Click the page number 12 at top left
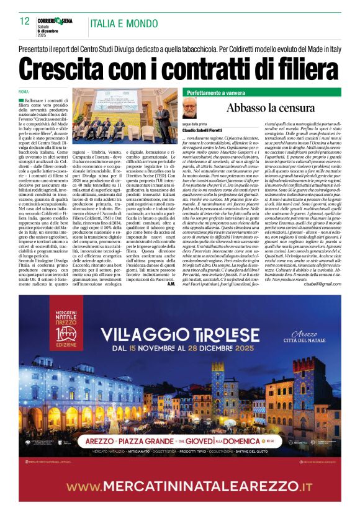[x=24, y=21]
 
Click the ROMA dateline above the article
[x=24, y=92]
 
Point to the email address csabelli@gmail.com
[x=323, y=283]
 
